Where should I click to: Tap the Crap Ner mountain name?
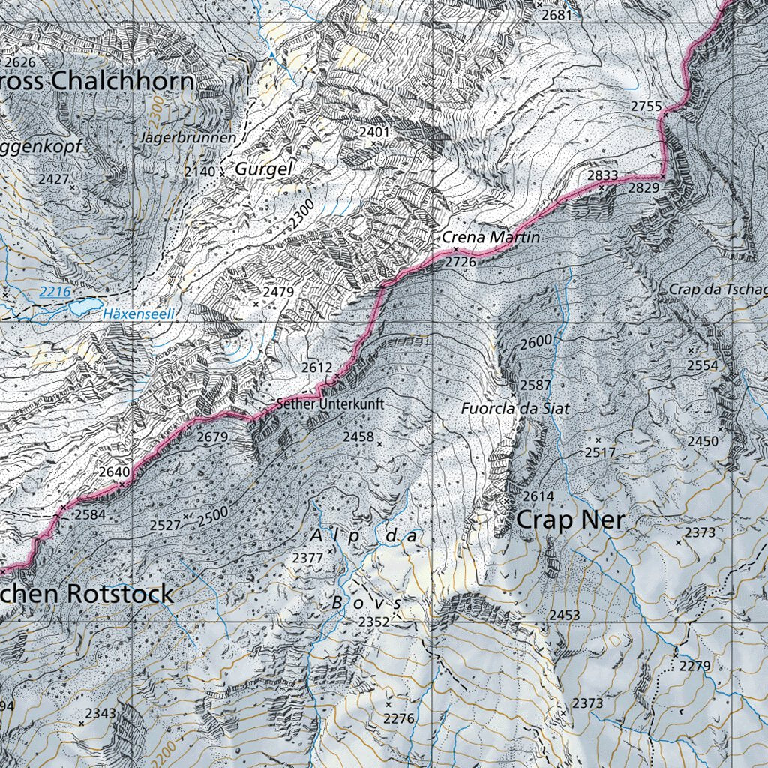pos(570,519)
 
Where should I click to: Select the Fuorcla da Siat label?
pos(515,409)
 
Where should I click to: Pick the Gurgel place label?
pos(262,169)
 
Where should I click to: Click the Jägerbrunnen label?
pos(187,138)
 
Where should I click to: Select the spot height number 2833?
pos(602,175)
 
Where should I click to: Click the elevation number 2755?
pos(646,106)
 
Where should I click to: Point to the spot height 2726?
pos(460,262)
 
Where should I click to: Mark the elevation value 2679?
pos(211,436)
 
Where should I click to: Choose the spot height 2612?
pos(316,367)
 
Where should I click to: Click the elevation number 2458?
pos(358,436)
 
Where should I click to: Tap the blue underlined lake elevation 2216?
pos(55,291)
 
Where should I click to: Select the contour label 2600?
pos(535,341)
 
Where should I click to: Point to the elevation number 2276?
pos(398,718)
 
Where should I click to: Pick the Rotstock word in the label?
pos(120,593)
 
